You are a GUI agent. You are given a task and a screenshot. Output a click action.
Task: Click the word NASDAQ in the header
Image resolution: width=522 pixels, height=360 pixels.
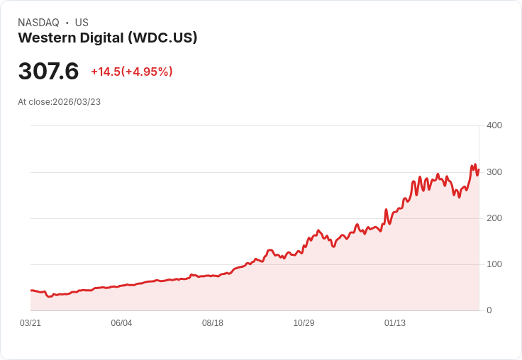point(38,23)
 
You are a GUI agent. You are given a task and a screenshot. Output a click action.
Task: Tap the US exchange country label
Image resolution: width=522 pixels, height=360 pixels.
point(82,23)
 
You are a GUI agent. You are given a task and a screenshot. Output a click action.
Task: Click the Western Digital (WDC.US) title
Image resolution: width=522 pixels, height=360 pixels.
point(108,38)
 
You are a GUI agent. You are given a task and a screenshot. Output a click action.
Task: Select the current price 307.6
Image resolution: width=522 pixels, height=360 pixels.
point(48,72)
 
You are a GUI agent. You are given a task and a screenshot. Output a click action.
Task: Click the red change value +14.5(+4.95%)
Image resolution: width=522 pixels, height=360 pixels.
point(132,72)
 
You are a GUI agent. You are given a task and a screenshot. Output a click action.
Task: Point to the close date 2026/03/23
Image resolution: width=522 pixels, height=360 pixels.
point(77,102)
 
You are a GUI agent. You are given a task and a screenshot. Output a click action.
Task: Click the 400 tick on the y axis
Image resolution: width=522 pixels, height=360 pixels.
point(494,125)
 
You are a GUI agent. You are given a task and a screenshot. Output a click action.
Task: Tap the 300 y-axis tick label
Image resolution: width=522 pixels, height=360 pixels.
point(494,172)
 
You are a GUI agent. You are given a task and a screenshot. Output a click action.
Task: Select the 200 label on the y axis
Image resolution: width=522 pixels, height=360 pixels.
point(494,218)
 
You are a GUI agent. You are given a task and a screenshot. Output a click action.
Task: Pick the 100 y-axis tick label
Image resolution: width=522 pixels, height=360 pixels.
point(494,264)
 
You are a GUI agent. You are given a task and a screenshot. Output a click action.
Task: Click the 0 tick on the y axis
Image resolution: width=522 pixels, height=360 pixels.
point(489,310)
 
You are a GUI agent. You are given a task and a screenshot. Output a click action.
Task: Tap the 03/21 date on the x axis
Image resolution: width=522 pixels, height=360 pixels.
point(30,323)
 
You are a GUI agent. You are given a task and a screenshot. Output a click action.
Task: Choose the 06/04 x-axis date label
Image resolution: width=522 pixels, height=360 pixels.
point(121,323)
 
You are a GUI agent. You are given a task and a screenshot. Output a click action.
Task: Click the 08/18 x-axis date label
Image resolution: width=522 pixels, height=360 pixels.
point(213,323)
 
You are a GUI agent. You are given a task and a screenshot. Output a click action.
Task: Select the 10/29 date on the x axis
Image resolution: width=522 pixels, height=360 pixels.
point(304,323)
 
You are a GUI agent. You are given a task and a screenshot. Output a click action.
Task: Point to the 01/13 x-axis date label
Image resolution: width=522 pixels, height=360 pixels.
point(395,323)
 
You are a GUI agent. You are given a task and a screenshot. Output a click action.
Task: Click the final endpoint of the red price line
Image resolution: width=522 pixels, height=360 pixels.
point(479,169)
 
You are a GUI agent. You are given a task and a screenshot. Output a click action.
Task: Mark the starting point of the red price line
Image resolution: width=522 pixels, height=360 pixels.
point(31,291)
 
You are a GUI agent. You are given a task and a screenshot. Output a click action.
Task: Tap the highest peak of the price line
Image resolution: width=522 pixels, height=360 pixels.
point(475,165)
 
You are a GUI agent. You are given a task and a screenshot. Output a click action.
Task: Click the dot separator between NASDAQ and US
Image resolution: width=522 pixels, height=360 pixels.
point(67,23)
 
